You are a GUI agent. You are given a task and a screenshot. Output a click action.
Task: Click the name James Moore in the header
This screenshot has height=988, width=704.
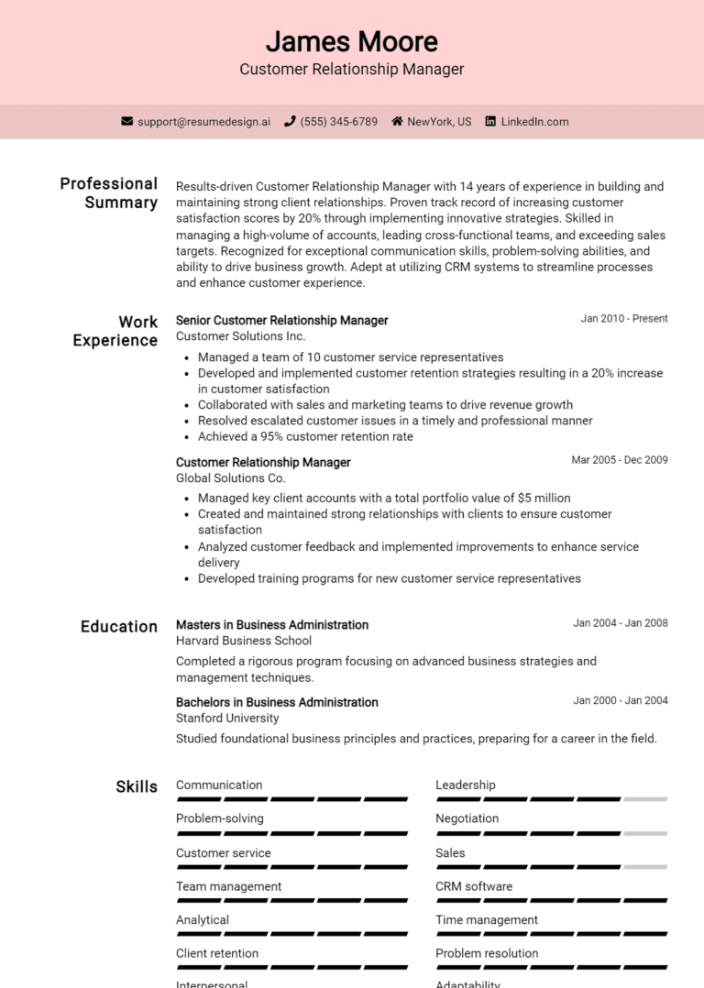pyautogui.click(x=352, y=41)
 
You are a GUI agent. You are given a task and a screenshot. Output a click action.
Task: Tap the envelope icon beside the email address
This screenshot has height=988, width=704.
pyautogui.click(x=127, y=121)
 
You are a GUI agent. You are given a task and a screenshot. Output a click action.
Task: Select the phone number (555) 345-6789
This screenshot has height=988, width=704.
pyautogui.click(x=338, y=121)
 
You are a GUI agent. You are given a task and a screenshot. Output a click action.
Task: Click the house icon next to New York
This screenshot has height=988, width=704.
pyautogui.click(x=397, y=121)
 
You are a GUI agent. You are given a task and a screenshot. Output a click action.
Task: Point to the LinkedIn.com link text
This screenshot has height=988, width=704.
pyautogui.click(x=534, y=121)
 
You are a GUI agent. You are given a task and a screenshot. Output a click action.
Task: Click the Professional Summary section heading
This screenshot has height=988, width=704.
pyautogui.click(x=109, y=192)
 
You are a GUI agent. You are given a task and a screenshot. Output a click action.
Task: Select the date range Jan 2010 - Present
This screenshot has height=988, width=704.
pyautogui.click(x=624, y=319)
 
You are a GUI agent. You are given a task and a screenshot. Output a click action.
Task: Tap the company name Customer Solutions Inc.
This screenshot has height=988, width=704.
pyautogui.click(x=240, y=336)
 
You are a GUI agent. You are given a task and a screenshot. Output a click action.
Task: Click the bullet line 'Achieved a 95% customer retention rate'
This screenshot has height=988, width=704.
pyautogui.click(x=305, y=436)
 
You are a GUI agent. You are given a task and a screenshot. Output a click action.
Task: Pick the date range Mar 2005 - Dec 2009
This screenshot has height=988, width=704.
pyautogui.click(x=620, y=460)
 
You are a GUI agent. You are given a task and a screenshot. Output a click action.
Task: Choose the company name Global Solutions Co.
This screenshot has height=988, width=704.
pyautogui.click(x=230, y=478)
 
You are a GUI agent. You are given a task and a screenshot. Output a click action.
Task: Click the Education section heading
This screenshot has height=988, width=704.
pyautogui.click(x=119, y=627)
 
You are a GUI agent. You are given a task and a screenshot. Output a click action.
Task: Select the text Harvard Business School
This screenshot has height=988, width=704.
pyautogui.click(x=243, y=641)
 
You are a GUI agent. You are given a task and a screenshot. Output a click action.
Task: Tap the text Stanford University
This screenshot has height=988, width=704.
pyautogui.click(x=227, y=718)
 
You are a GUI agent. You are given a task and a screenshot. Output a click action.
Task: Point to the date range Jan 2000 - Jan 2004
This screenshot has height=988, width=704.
pyautogui.click(x=621, y=701)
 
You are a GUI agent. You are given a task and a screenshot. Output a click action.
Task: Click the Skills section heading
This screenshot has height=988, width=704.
pyautogui.click(x=137, y=786)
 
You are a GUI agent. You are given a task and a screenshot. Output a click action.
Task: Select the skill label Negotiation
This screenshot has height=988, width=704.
pyautogui.click(x=467, y=818)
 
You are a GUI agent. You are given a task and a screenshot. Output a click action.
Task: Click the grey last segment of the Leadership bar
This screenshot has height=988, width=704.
pyautogui.click(x=645, y=799)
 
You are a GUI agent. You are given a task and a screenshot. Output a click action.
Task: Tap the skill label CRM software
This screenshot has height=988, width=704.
pyautogui.click(x=474, y=886)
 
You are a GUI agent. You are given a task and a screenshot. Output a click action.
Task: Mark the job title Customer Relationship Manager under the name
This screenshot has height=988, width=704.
pyautogui.click(x=352, y=70)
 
